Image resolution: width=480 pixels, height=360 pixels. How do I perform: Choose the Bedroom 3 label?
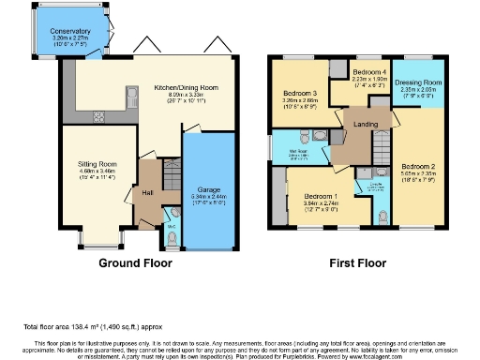pos(300,94)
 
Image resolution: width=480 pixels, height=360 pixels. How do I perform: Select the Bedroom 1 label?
pos(324,193)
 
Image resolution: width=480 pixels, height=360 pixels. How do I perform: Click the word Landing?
pos(366,125)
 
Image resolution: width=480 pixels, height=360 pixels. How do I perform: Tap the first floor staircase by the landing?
pos(382,148)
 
